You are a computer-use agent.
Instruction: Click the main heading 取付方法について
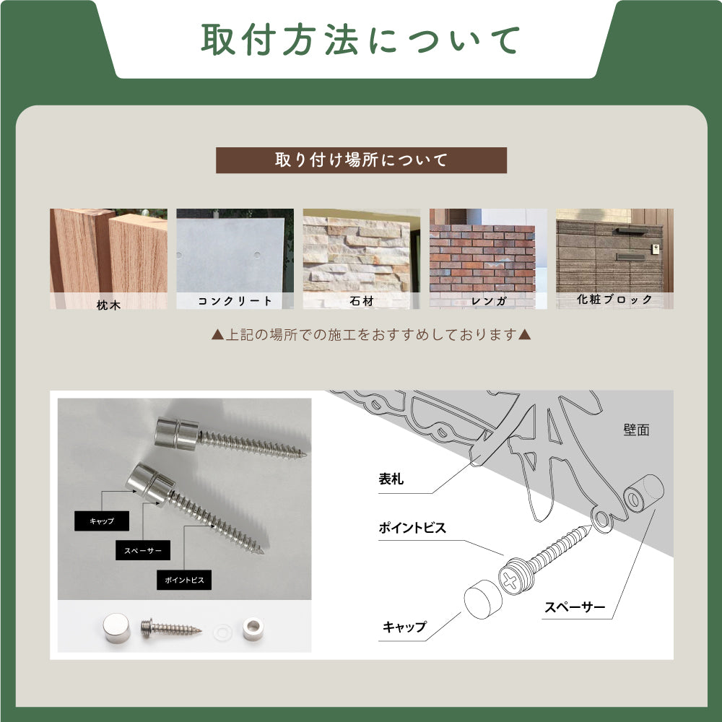[x=361, y=40]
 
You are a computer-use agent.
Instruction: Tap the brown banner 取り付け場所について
[x=361, y=160]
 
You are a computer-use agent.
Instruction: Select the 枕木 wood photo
[x=108, y=253]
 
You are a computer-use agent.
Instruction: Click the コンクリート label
[x=235, y=301]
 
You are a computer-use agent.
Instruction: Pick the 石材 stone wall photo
[x=361, y=253]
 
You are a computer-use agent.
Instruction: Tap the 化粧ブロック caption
[x=614, y=300]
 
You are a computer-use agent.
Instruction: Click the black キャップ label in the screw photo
[x=102, y=521]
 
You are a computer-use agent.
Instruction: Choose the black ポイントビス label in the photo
[x=184, y=580]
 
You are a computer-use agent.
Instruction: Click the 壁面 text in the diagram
[x=635, y=430]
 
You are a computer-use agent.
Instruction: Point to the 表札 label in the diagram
[x=394, y=479]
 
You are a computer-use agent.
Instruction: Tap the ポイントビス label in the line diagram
[x=412, y=528]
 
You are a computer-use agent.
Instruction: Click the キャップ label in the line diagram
[x=404, y=627]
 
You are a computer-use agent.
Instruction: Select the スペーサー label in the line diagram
[x=575, y=607]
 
